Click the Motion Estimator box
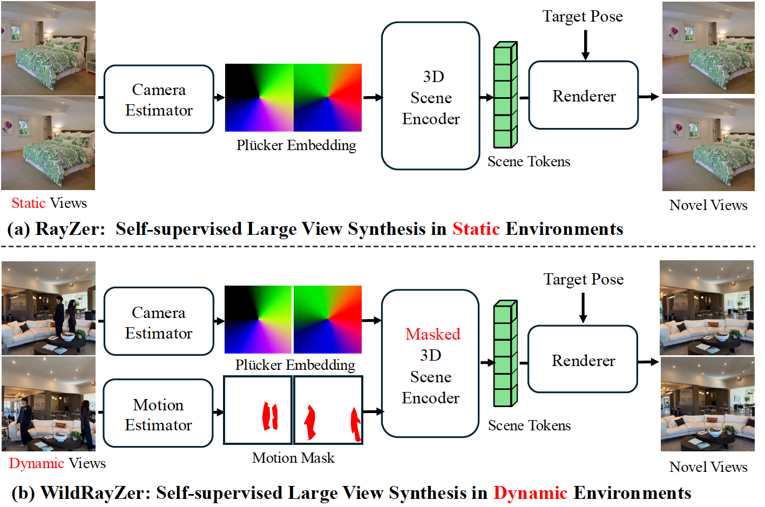pyautogui.click(x=158, y=414)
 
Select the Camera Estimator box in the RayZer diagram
pyautogui.click(x=159, y=99)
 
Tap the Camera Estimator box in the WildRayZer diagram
pyautogui.click(x=159, y=322)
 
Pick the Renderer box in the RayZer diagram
pyautogui.click(x=584, y=96)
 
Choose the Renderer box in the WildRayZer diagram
pyautogui.click(x=583, y=360)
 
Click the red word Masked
pyautogui.click(x=432, y=334)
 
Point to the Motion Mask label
pyautogui.click(x=293, y=458)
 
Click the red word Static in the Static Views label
pyautogui.click(x=29, y=203)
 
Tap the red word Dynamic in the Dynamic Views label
pyautogui.click(x=37, y=463)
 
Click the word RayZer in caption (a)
pyautogui.click(x=70, y=229)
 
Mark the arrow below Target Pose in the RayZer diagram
pyautogui.click(x=585, y=44)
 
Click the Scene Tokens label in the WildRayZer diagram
pyautogui.click(x=529, y=425)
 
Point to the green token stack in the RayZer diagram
pyautogui.click(x=505, y=96)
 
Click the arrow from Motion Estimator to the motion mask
pyautogui.click(x=219, y=413)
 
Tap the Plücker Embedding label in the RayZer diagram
pyautogui.click(x=296, y=145)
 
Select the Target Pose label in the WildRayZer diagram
pyautogui.click(x=583, y=279)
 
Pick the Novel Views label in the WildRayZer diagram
pyautogui.click(x=708, y=467)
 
